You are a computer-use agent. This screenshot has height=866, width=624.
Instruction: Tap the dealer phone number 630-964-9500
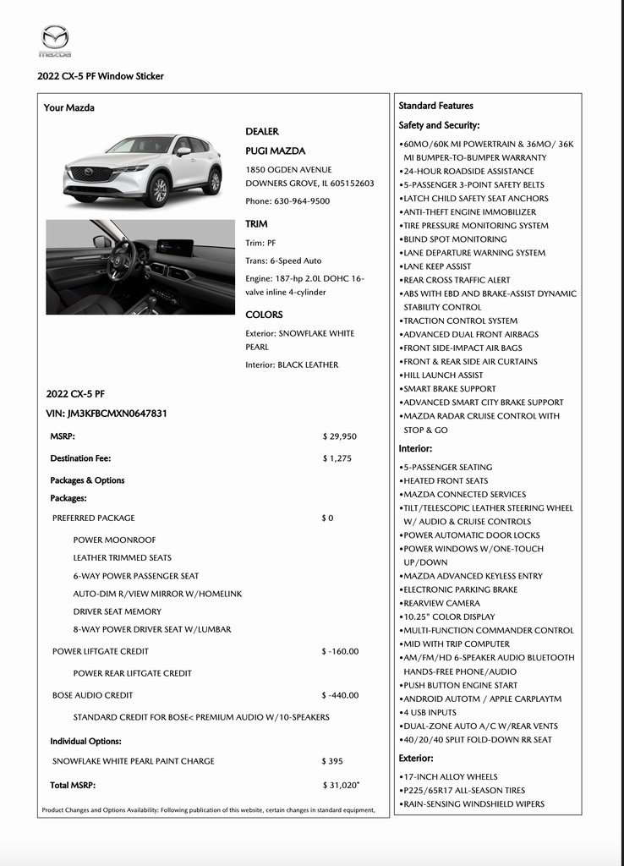(287, 201)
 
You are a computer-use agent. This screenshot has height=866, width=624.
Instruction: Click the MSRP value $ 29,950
(340, 436)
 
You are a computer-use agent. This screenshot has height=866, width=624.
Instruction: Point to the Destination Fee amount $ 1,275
(337, 458)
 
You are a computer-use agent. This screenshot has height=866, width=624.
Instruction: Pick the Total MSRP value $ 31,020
(341, 786)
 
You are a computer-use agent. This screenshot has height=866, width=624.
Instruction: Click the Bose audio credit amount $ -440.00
(340, 695)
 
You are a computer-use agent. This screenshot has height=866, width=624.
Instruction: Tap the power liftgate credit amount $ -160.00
(340, 651)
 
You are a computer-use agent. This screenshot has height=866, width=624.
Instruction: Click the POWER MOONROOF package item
(114, 540)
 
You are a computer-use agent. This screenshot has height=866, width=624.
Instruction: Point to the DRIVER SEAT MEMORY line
(117, 611)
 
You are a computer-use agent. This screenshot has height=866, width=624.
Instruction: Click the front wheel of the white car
(156, 189)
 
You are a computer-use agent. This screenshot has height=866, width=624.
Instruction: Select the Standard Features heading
(435, 106)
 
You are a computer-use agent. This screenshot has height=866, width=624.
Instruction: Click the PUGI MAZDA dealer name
(275, 151)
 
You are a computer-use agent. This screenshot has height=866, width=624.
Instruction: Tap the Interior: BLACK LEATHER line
(292, 364)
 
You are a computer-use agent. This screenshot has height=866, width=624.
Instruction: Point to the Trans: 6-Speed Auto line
(283, 260)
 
